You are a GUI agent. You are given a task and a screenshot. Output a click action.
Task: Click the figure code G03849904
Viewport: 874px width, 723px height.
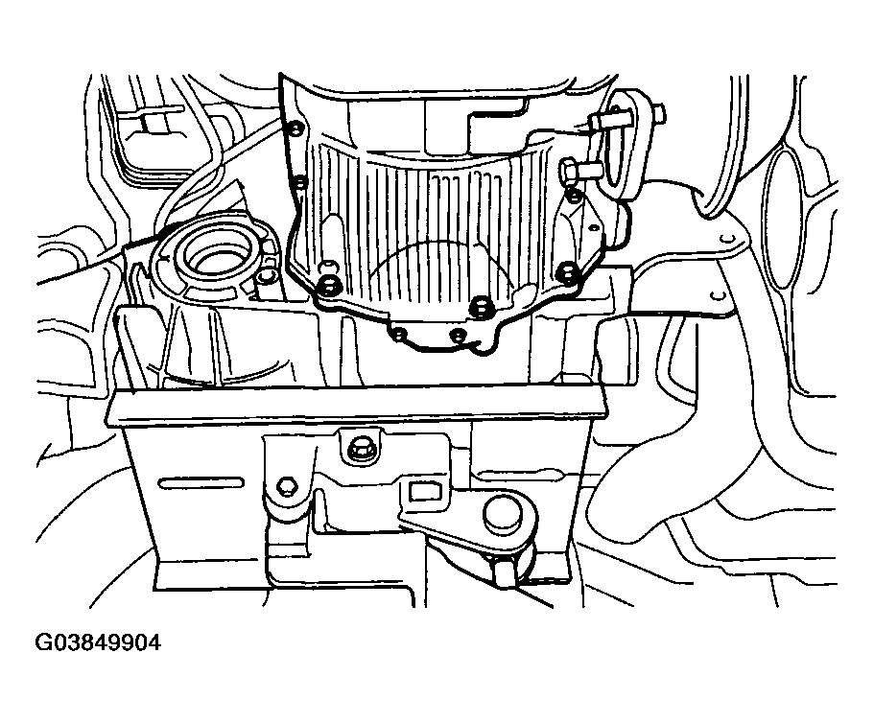tap(98, 642)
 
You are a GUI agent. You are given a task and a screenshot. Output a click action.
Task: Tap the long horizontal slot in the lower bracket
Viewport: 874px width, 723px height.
tap(201, 483)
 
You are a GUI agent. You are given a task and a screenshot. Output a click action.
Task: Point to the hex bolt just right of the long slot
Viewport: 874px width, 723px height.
tap(287, 487)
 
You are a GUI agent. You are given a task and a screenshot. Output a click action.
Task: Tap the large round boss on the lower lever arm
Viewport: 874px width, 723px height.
tap(504, 512)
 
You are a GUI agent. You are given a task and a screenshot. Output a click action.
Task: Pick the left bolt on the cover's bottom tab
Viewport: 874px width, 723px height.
tap(399, 334)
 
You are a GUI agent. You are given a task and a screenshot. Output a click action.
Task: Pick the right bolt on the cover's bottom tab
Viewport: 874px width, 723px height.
tap(458, 335)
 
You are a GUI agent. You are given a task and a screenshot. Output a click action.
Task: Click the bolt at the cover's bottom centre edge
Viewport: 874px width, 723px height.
tap(480, 305)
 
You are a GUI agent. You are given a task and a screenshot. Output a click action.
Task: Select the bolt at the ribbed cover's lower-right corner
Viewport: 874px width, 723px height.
tap(567, 270)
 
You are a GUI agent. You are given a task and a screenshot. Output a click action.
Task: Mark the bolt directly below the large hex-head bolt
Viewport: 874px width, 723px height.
tap(573, 195)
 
